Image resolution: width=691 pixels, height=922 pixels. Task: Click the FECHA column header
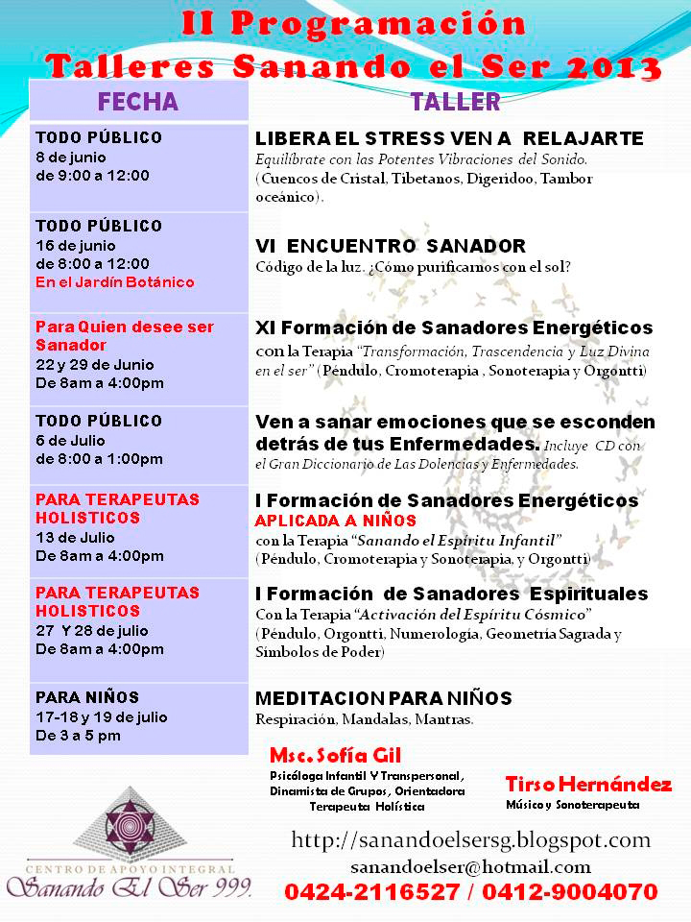[138, 102]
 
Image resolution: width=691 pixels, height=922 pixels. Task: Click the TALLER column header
[455, 102]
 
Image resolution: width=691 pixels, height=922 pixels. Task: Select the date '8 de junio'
[71, 157]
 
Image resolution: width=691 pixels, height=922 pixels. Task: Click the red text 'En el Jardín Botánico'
[114, 281]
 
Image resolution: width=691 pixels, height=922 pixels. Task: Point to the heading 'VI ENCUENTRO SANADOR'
[391, 246]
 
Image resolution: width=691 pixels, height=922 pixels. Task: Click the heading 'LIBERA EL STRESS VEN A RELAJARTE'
[449, 138]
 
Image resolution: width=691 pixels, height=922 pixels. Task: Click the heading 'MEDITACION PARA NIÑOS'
[383, 698]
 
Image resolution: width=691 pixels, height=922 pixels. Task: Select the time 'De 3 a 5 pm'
[78, 736]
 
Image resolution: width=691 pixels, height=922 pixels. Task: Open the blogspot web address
[470, 840]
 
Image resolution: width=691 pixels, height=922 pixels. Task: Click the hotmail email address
[470, 867]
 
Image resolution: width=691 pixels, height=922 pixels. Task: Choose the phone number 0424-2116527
[370, 892]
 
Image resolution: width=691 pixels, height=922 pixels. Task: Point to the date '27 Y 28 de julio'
[94, 630]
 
